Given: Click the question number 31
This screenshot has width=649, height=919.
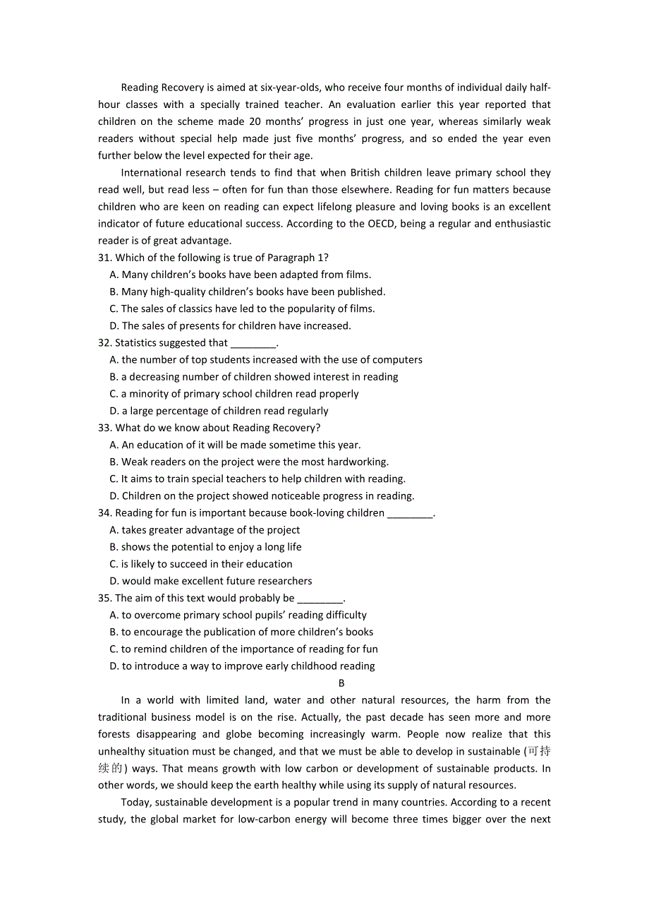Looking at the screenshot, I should click(104, 258).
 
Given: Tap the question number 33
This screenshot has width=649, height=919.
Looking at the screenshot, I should click(104, 428).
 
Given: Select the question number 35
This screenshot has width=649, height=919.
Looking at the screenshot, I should click(104, 598).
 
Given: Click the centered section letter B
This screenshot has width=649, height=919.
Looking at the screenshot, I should click(341, 683).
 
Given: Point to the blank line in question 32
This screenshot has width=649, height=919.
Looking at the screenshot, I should click(253, 344).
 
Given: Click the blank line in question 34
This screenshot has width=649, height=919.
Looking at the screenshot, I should click(410, 514).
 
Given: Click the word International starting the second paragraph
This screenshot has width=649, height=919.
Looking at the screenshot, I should click(154, 173).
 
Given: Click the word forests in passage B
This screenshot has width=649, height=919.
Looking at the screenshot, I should click(114, 734).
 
